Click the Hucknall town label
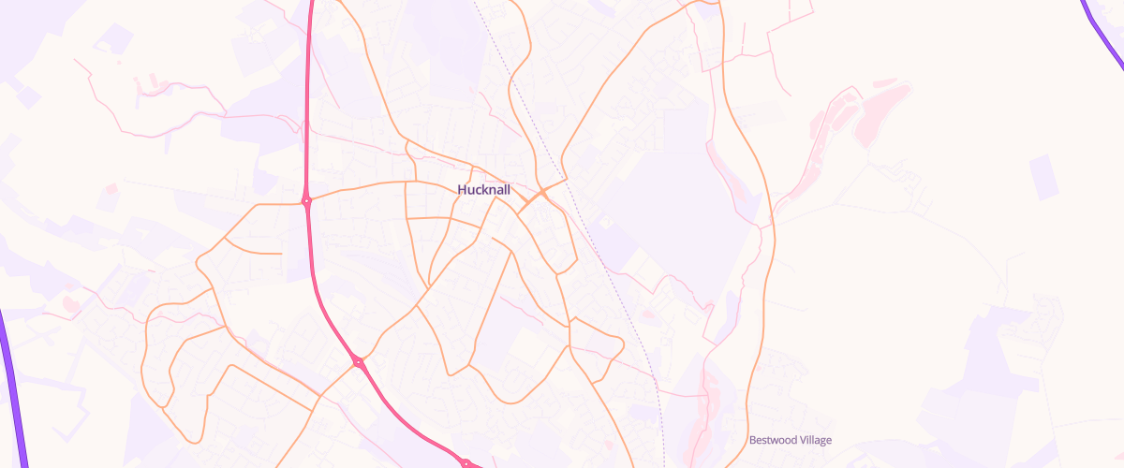click(x=484, y=190)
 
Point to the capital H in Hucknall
click(x=462, y=190)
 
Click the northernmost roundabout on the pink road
click(x=306, y=200)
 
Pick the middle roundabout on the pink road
click(x=358, y=361)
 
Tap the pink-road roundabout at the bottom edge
click(x=466, y=462)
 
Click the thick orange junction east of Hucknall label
click(x=542, y=192)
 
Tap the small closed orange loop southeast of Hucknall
click(x=596, y=342)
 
